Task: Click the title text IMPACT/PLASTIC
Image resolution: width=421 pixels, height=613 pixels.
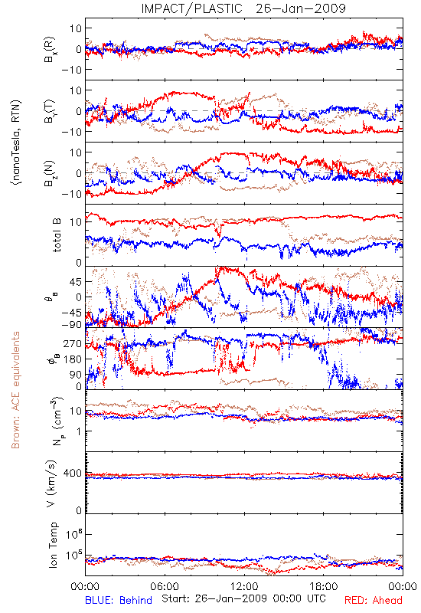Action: pyautogui.click(x=191, y=8)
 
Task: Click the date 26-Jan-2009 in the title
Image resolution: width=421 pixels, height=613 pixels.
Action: pyautogui.click(x=301, y=8)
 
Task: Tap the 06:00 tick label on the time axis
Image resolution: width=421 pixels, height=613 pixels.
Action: pyautogui.click(x=165, y=586)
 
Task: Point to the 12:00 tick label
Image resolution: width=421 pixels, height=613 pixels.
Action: pyautogui.click(x=244, y=586)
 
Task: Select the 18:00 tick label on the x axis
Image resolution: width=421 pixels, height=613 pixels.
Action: pyautogui.click(x=324, y=586)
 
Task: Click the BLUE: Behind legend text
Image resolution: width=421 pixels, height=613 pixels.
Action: pyautogui.click(x=119, y=600)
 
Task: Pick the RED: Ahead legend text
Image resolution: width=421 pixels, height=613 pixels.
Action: pyautogui.click(x=373, y=600)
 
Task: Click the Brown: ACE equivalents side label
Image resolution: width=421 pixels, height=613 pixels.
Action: pyautogui.click(x=15, y=390)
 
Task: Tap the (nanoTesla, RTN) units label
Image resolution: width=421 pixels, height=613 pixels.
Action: pyautogui.click(x=16, y=142)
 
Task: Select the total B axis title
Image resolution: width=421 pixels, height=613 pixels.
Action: pyautogui.click(x=57, y=235)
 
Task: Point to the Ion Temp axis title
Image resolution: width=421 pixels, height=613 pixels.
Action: pyautogui.click(x=53, y=545)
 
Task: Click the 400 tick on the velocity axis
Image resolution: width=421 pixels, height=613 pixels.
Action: pyautogui.click(x=73, y=474)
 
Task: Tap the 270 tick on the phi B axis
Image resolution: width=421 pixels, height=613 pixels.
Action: pyautogui.click(x=73, y=343)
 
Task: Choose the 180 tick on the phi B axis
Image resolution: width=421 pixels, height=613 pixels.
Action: pyautogui.click(x=73, y=359)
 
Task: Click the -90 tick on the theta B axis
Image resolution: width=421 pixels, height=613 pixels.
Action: pyautogui.click(x=72, y=324)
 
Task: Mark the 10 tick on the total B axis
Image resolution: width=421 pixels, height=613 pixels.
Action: pyautogui.click(x=76, y=222)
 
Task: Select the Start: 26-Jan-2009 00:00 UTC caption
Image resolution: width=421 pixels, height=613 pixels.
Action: pyautogui.click(x=243, y=598)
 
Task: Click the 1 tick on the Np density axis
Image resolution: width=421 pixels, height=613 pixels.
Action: pyautogui.click(x=80, y=431)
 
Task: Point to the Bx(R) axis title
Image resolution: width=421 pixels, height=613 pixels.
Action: pyautogui.click(x=50, y=49)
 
